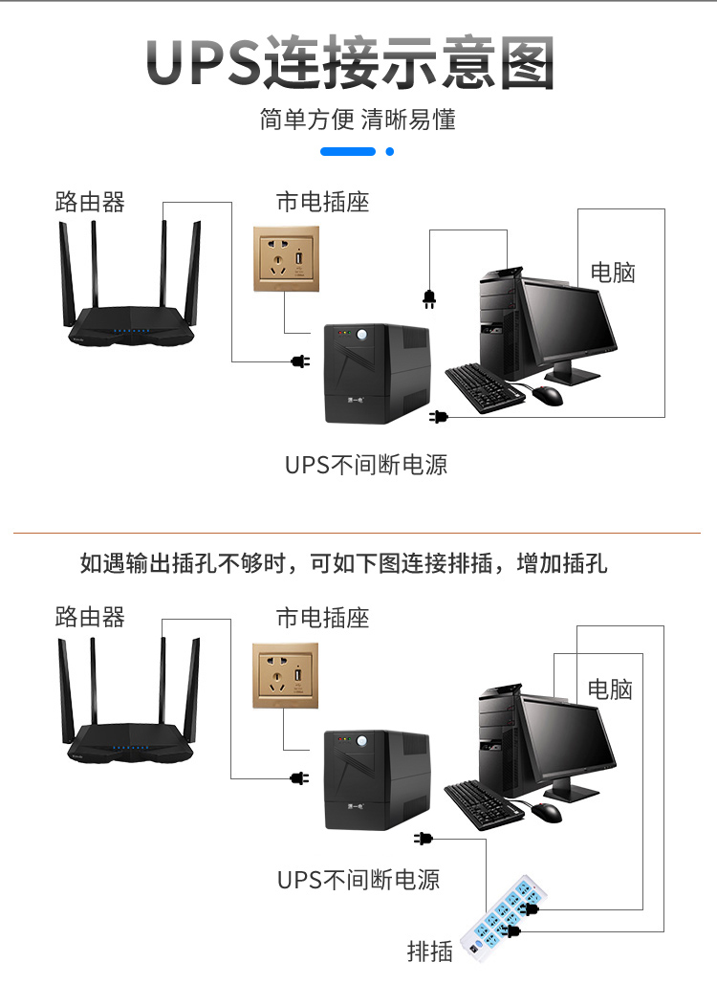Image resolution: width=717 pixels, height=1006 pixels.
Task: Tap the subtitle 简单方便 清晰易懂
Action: pos(358,120)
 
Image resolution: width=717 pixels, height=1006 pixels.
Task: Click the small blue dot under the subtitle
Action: pos(389,151)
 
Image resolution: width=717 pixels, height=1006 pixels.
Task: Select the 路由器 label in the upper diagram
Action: pos(90,202)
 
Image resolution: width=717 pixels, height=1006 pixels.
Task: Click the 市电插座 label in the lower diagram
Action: pos(322,618)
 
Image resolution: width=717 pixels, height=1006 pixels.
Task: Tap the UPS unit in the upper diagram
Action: pos(375,374)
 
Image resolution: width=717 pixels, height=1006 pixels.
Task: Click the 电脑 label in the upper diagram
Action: pos(613,273)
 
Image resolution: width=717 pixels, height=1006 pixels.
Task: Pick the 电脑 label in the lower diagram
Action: pos(610,689)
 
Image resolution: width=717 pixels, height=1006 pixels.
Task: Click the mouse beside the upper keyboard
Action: pos(548,394)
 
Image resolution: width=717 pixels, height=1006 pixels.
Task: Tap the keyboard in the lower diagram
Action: pos(484,804)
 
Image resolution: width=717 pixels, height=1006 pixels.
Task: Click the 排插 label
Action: pos(429,951)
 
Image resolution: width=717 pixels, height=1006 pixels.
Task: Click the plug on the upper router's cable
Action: pos(299,361)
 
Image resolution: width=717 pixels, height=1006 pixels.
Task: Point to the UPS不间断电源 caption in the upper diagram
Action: pos(366,465)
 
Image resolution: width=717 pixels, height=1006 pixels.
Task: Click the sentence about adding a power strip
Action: pos(343,563)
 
